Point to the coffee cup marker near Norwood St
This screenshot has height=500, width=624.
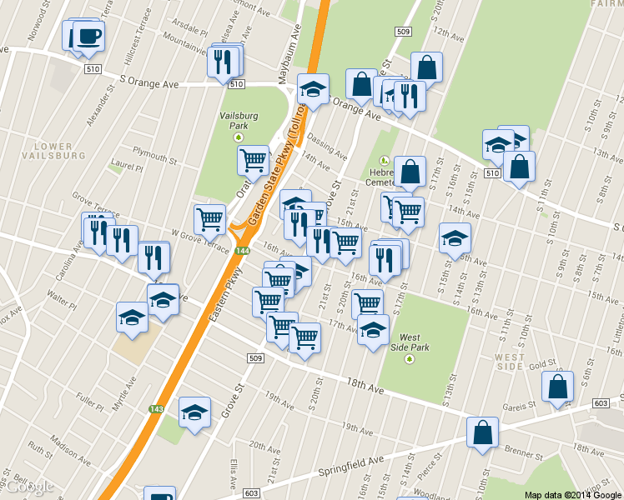(87, 37)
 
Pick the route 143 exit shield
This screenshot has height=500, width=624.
(156, 409)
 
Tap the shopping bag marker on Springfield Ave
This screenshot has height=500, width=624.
(482, 433)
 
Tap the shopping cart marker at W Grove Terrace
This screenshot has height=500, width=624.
(209, 219)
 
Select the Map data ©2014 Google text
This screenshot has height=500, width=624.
(572, 494)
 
